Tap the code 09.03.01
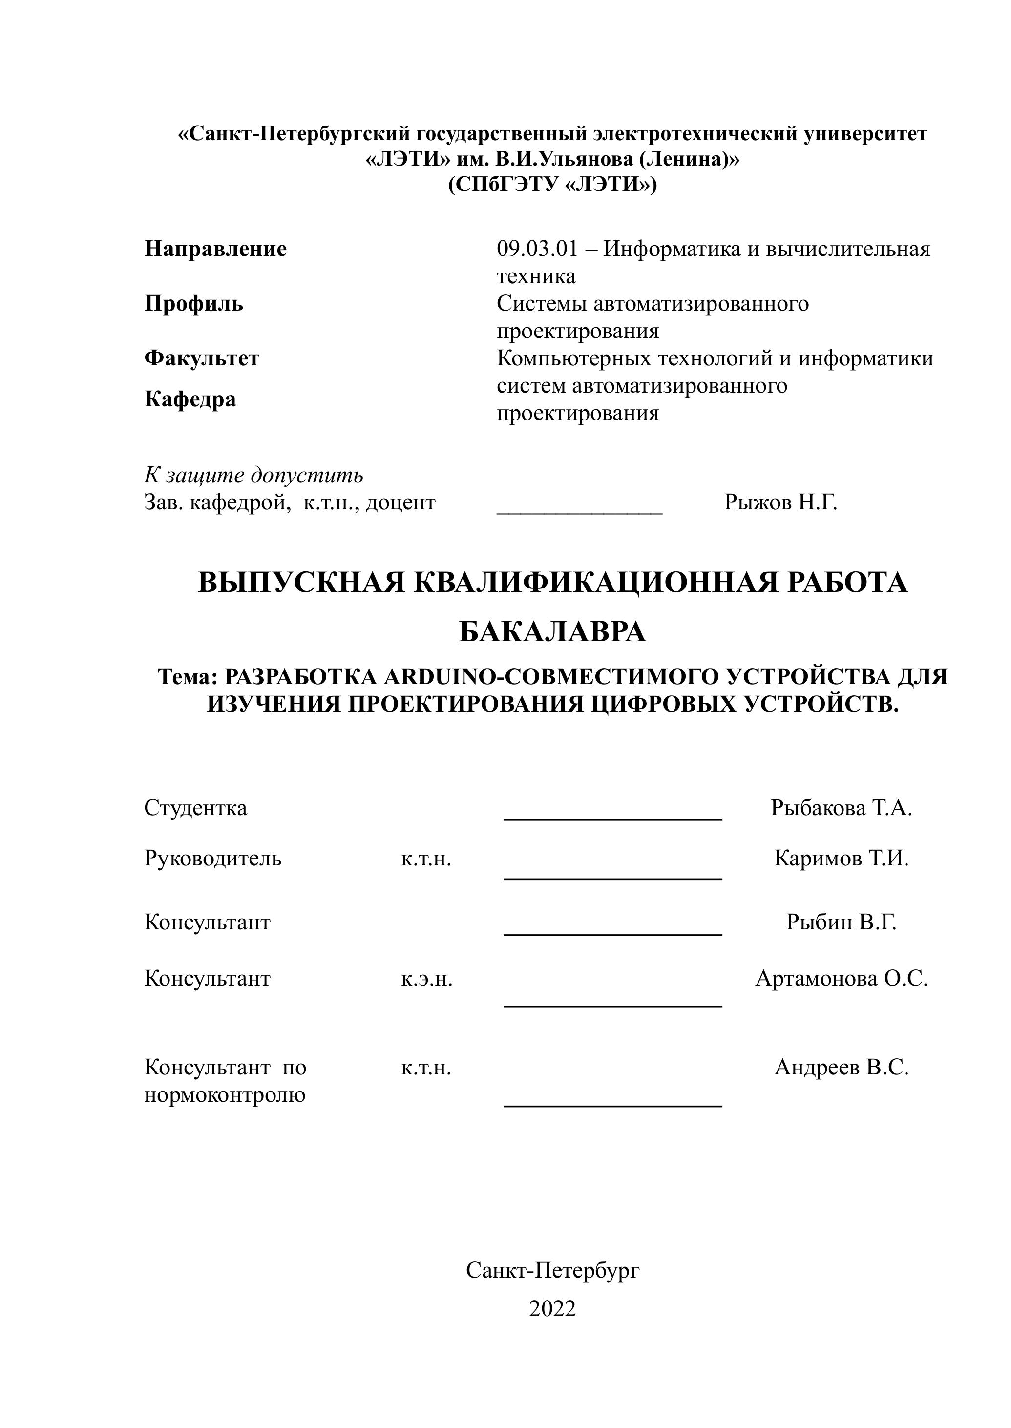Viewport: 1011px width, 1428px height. coord(537,249)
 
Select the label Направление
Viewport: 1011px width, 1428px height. coord(215,249)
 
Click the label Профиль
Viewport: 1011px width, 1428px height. coord(193,304)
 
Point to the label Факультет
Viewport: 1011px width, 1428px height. coord(202,358)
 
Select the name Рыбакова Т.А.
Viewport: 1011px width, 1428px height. coord(841,808)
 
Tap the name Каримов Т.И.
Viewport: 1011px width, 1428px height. coord(841,859)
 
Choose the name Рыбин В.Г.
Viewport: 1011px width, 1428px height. coord(841,922)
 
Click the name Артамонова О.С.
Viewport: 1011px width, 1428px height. coord(841,979)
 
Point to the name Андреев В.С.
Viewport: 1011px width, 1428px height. coord(841,1068)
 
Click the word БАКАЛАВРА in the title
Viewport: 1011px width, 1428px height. coord(552,632)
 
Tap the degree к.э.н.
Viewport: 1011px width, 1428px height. coord(426,979)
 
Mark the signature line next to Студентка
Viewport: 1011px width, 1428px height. coord(612,819)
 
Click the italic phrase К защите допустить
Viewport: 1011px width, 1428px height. coord(253,475)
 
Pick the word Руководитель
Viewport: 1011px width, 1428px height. coord(213,859)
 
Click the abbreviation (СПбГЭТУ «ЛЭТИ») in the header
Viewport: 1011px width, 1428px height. coord(552,185)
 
